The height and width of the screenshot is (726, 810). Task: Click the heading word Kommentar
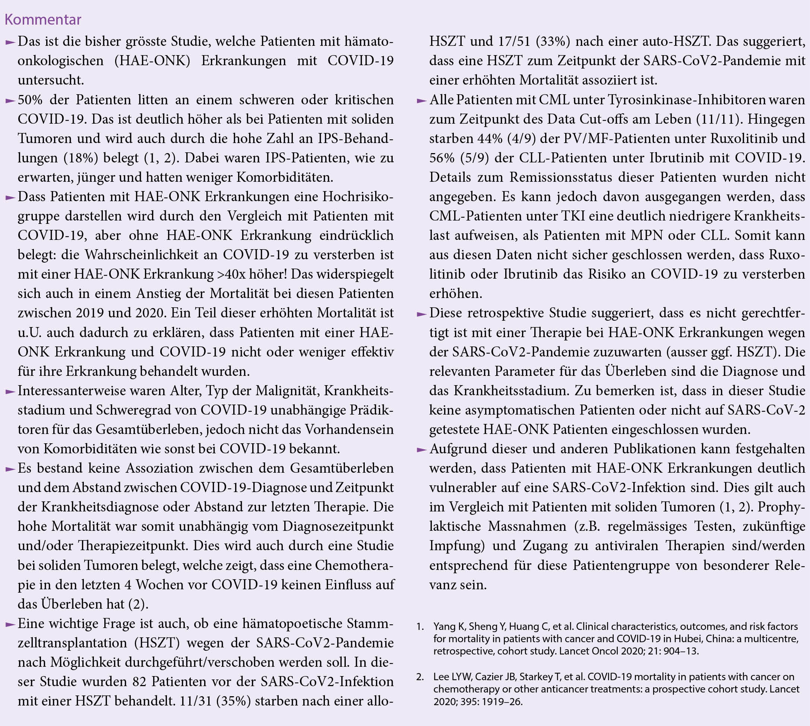43,19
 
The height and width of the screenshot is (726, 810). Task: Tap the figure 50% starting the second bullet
30,100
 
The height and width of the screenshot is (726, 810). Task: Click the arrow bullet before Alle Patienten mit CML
421,101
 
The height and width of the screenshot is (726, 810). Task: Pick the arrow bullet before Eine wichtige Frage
10,624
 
